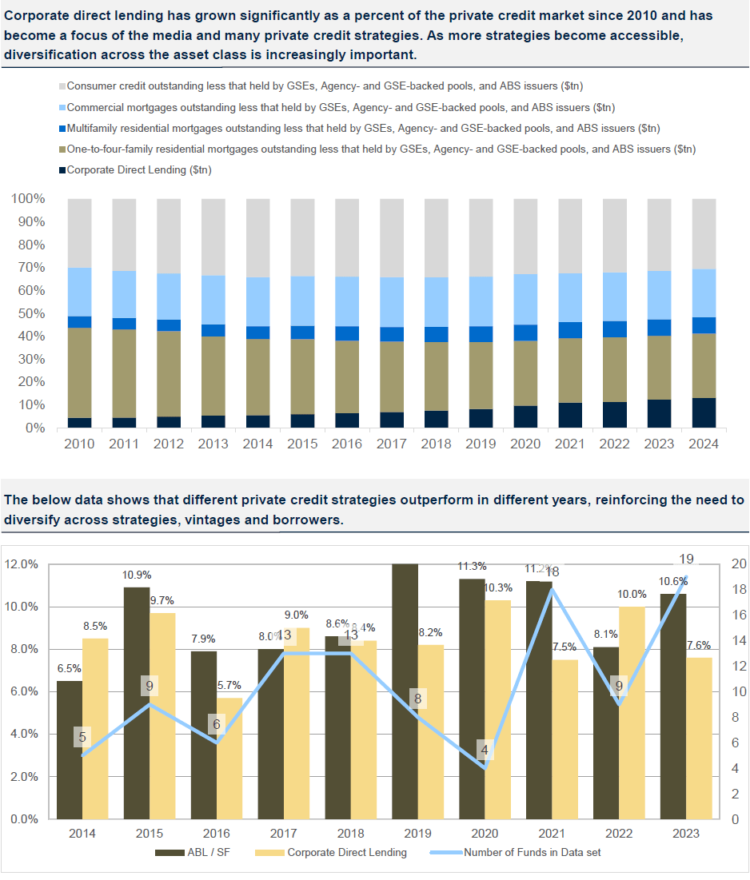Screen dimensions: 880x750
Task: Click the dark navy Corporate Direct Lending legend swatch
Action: tap(62, 170)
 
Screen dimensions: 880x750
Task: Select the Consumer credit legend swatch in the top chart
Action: tap(62, 86)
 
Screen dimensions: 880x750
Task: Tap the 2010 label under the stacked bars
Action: tap(79, 444)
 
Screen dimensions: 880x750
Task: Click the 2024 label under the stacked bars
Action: tap(704, 444)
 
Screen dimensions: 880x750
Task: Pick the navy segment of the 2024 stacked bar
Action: tap(704, 412)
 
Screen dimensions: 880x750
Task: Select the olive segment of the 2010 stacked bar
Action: tap(79, 372)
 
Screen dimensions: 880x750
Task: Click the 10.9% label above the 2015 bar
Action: tap(137, 575)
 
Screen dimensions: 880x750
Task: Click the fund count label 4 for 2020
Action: tap(485, 751)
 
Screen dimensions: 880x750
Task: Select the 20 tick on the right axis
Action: tap(739, 564)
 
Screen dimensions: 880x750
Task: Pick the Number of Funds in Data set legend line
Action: tap(445, 853)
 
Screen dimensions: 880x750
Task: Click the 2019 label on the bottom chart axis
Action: tap(417, 834)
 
